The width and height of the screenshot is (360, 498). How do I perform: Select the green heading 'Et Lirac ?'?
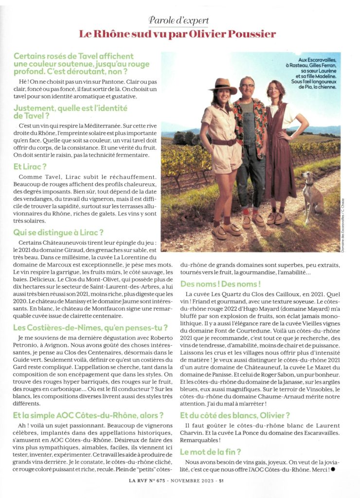pos(30,166)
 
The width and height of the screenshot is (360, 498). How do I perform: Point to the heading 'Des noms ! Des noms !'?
pos(220,283)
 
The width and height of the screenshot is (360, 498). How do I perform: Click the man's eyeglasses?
pos(248,87)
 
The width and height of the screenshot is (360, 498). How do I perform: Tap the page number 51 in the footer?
pos(221,481)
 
